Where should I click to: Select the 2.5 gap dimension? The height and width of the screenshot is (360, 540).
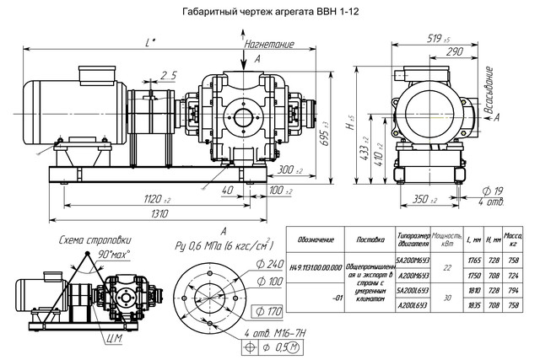coord(168,75)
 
